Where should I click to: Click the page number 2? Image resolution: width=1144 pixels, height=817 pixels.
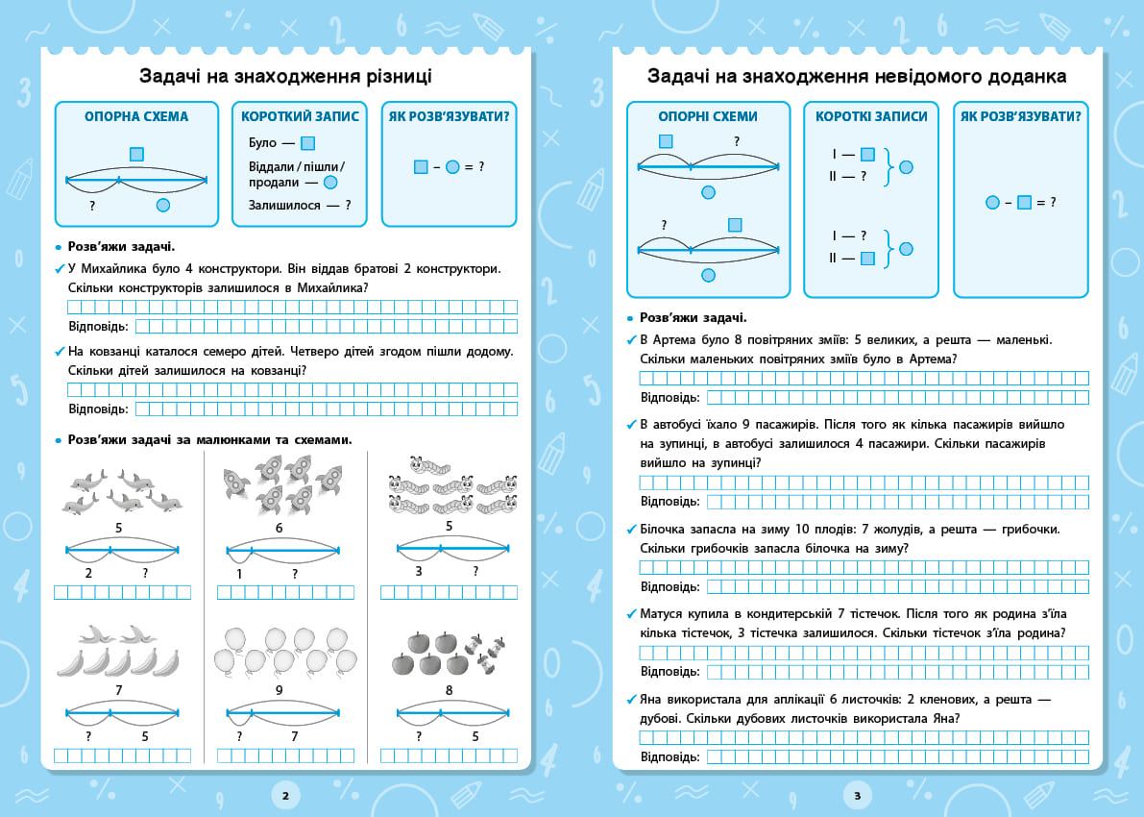pyautogui.click(x=285, y=796)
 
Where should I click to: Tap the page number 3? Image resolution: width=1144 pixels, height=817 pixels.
pyautogui.click(x=857, y=796)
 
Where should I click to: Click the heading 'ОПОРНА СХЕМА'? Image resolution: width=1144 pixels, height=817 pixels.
pyautogui.click(x=136, y=116)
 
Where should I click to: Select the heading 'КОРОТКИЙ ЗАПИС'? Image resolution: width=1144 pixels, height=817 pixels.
pyautogui.click(x=300, y=116)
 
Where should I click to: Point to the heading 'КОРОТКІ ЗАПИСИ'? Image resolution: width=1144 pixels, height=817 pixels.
pyautogui.click(x=871, y=116)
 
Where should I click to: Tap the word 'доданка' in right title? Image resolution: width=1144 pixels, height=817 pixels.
pyautogui.click(x=1027, y=76)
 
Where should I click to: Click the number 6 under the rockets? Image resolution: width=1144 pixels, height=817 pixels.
pyautogui.click(x=280, y=528)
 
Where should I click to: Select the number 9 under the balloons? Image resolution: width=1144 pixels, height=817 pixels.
pyautogui.click(x=280, y=690)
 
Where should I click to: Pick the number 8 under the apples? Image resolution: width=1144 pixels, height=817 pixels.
pyautogui.click(x=449, y=690)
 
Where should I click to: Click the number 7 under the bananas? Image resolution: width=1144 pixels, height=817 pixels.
pyautogui.click(x=119, y=690)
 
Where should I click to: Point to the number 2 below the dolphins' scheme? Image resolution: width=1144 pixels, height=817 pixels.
pyautogui.click(x=88, y=573)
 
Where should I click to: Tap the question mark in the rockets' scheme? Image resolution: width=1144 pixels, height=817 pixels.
pyautogui.click(x=295, y=574)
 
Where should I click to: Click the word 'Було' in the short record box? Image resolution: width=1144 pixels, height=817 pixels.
pyautogui.click(x=262, y=143)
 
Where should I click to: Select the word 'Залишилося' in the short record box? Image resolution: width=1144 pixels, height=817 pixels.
pyautogui.click(x=283, y=205)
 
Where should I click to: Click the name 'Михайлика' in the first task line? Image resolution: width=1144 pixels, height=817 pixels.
pyautogui.click(x=113, y=269)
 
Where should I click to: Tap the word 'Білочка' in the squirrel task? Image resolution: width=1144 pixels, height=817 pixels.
pyautogui.click(x=663, y=529)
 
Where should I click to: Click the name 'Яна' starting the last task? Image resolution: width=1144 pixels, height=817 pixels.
pyautogui.click(x=651, y=700)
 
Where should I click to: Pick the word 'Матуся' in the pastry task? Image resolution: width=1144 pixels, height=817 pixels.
pyautogui.click(x=661, y=614)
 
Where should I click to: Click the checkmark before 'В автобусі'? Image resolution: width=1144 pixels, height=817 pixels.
pyautogui.click(x=632, y=424)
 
